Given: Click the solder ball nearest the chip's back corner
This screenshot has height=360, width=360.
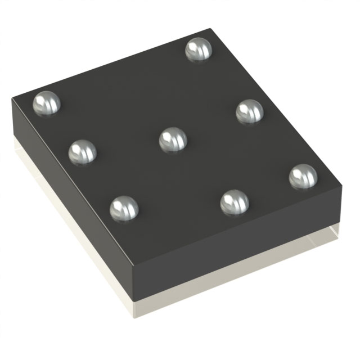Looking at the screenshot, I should (x=199, y=49).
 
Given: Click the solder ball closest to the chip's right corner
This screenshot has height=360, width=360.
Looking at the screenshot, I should (x=303, y=176).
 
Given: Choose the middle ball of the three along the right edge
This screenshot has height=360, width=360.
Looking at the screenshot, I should (x=249, y=111).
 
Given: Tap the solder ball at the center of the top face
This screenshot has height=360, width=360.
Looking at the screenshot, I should (x=173, y=139).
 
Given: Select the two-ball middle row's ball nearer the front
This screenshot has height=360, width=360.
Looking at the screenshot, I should (x=234, y=202).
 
